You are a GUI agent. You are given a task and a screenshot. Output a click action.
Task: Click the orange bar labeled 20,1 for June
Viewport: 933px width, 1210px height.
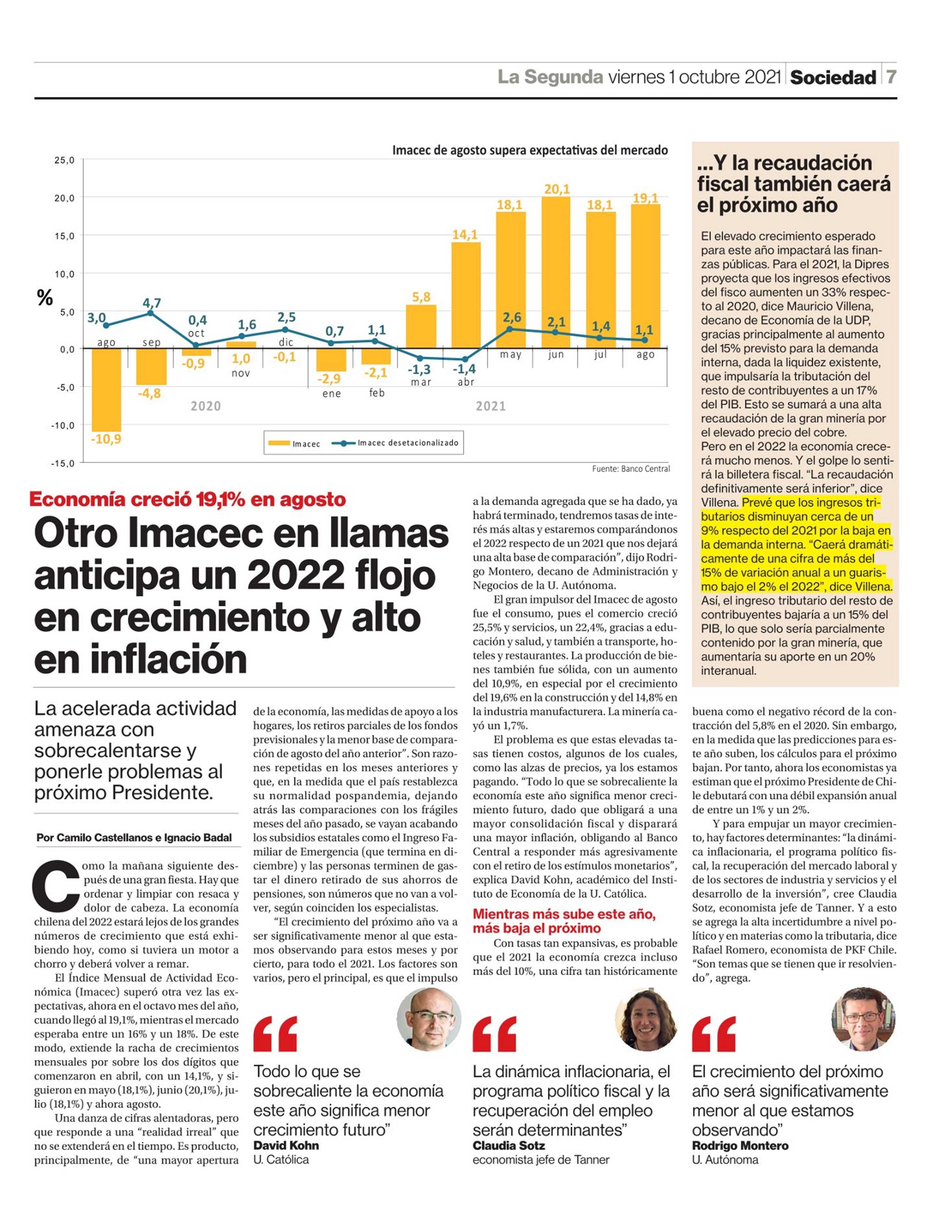tap(556, 273)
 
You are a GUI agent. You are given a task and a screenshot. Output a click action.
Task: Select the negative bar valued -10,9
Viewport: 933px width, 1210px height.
tap(106, 390)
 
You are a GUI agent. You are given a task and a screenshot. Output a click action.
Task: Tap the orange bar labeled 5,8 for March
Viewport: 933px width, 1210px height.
tap(421, 327)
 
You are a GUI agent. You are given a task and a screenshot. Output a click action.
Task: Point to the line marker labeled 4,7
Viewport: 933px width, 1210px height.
tap(151, 313)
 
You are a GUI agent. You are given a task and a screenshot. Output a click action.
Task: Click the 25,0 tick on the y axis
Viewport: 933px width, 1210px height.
tap(64, 161)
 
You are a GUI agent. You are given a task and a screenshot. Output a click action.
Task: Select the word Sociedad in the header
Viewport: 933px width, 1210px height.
tap(833, 78)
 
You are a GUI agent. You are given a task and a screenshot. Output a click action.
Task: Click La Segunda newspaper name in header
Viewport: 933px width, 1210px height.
tap(550, 77)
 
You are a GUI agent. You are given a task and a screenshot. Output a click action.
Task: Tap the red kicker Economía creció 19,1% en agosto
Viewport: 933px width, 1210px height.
tap(188, 500)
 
